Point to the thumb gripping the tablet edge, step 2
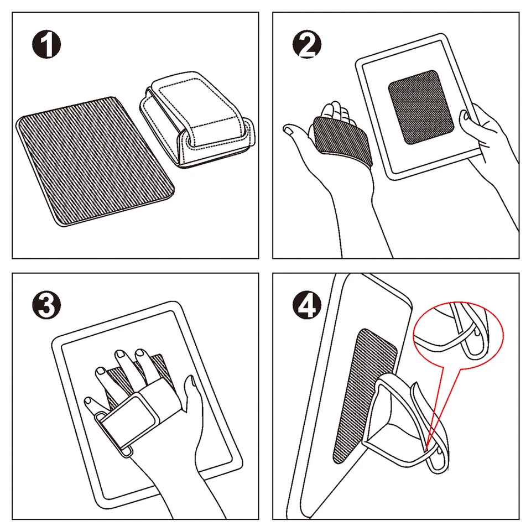pyautogui.click(x=468, y=117)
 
